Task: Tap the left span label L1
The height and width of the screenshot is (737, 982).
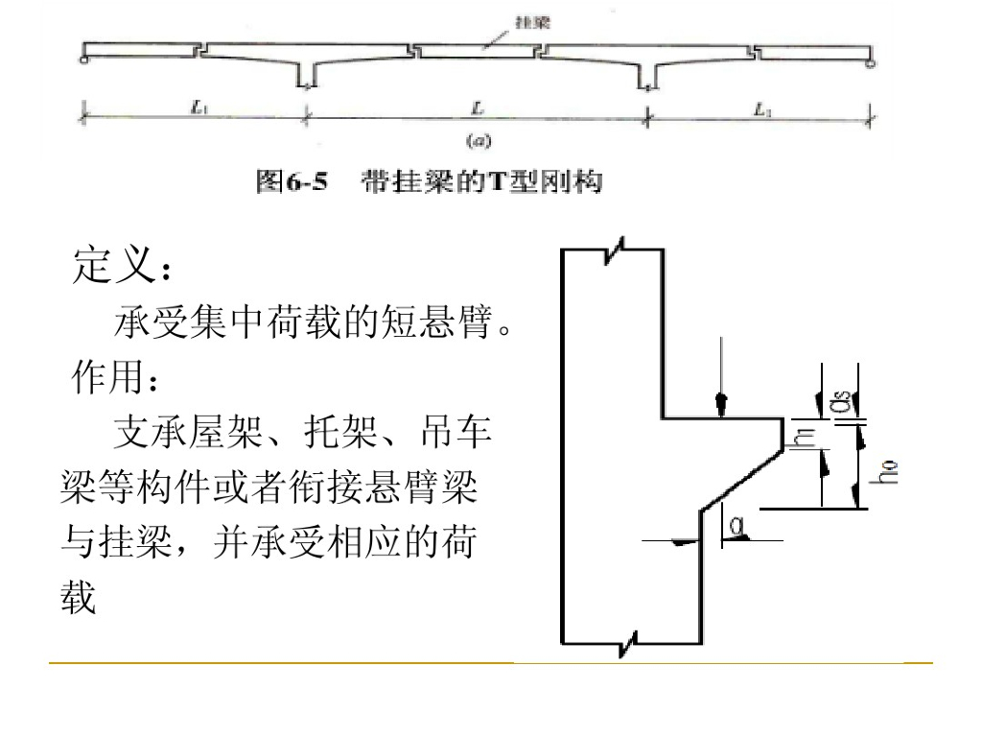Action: point(199,110)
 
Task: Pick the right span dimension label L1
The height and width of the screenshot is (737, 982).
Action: point(760,110)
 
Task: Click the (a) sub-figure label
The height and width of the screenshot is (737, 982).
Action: point(478,141)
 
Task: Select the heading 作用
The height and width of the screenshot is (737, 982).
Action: point(105,376)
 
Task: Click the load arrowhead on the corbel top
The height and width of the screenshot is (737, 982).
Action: point(721,406)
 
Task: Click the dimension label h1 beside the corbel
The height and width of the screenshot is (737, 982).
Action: point(804,436)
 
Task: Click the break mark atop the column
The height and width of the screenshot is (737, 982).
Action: point(613,248)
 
